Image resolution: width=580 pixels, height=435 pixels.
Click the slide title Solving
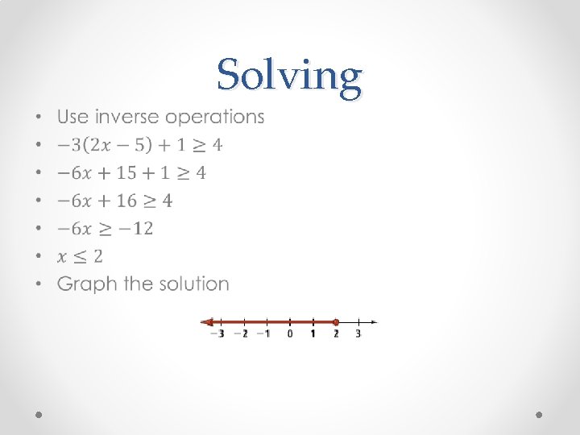click(289, 77)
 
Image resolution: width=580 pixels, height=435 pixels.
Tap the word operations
click(214, 117)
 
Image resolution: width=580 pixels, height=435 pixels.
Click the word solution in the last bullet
click(193, 284)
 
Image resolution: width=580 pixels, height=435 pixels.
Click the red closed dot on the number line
click(335, 322)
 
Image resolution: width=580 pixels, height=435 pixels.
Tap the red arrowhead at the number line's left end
click(206, 322)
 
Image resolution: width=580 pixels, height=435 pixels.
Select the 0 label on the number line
click(290, 333)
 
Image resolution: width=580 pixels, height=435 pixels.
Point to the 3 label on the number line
click(358, 333)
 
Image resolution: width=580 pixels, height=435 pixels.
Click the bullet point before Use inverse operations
click(40, 118)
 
